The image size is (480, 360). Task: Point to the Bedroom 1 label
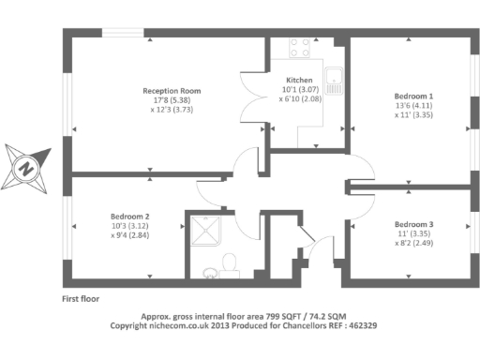click(413, 97)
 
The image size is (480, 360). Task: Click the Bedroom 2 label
click(130, 216)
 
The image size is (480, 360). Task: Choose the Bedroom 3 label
click(413, 225)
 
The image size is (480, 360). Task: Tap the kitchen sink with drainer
click(335, 82)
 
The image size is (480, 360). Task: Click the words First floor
click(81, 298)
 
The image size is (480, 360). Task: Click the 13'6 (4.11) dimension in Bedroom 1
click(413, 106)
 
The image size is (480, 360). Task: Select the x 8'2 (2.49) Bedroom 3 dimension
click(413, 244)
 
